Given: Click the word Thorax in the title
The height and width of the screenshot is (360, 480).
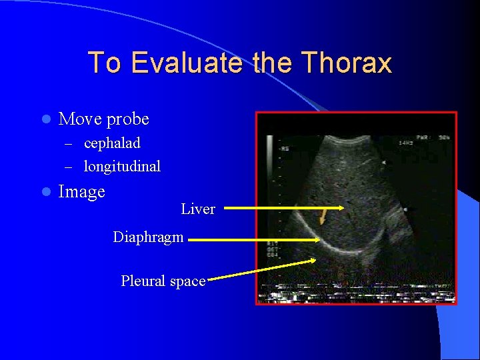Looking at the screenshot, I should click(346, 63).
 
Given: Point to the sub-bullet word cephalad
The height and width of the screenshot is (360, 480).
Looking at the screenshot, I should click(112, 143).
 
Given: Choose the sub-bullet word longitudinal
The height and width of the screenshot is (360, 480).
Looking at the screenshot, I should click(122, 166).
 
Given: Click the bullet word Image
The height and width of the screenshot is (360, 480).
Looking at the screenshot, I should click(82, 192).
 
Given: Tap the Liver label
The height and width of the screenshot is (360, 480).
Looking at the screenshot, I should click(198, 209).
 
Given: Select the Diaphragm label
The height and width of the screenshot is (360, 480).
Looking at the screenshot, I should click(148, 237).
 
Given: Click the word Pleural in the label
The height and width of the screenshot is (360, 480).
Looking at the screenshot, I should click(143, 281).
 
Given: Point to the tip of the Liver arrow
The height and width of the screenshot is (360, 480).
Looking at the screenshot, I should click(343, 209).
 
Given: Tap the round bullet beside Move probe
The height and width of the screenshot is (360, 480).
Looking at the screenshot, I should click(45, 120).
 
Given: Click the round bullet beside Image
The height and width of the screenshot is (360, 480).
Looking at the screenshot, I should click(45, 193).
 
